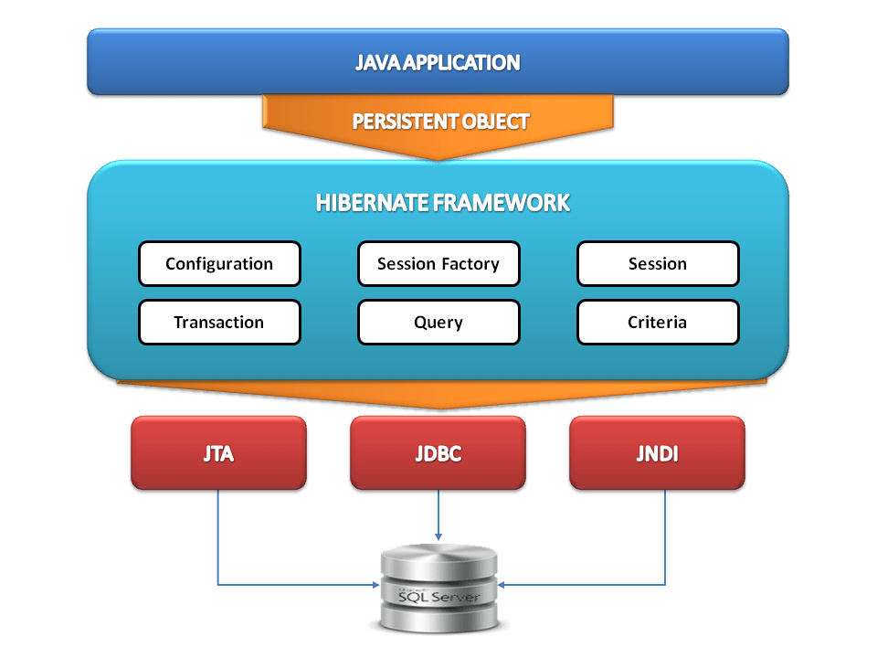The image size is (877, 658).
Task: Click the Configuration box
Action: coord(219,264)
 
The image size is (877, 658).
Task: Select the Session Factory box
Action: coord(438,264)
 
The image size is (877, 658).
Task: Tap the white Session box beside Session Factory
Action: coord(658,264)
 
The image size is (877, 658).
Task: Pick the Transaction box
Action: coord(219,323)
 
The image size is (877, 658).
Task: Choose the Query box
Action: coord(438,323)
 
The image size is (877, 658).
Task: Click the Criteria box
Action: coord(658,323)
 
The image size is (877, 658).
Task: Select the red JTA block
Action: coord(219,453)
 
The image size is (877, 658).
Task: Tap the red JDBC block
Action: coord(438,453)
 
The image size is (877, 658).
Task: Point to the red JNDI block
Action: coord(658,453)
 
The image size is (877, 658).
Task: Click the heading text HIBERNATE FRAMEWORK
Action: coord(443,203)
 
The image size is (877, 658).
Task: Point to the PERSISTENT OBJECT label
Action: coord(440,122)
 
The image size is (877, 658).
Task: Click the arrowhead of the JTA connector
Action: coord(375,584)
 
